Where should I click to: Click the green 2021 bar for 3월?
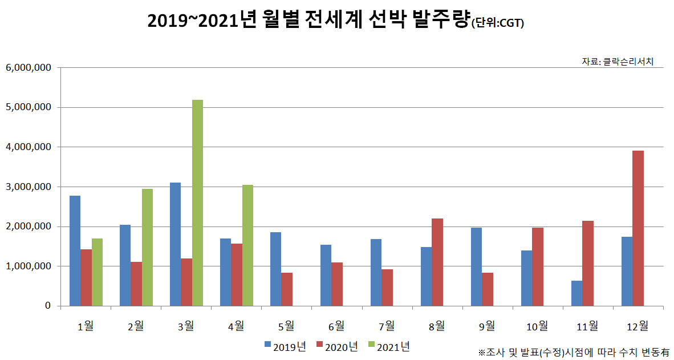pos(197,203)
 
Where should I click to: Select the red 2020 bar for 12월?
pos(638,228)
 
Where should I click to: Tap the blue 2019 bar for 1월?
pos(75,251)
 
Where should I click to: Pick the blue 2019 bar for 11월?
pos(576,293)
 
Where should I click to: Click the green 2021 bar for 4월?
pos(247,245)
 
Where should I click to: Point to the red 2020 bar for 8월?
pos(437,262)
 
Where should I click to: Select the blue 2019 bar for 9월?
pos(476,267)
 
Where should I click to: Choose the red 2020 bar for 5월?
pos(287,289)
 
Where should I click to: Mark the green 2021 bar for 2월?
pos(147,248)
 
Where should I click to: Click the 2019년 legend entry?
pos(285,346)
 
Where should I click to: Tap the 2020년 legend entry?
pos(337,346)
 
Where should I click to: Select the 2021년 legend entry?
pos(389,346)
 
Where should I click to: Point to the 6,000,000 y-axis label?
pos(29,67)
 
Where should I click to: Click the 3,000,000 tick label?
pos(29,187)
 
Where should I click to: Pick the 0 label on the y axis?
pos(48,306)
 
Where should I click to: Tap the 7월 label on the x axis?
pos(387,326)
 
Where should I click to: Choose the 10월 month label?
pos(537,326)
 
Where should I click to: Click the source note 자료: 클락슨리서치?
pos(617,61)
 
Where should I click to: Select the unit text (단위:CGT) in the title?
pos(497,23)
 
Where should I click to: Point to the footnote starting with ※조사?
pos(574,351)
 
